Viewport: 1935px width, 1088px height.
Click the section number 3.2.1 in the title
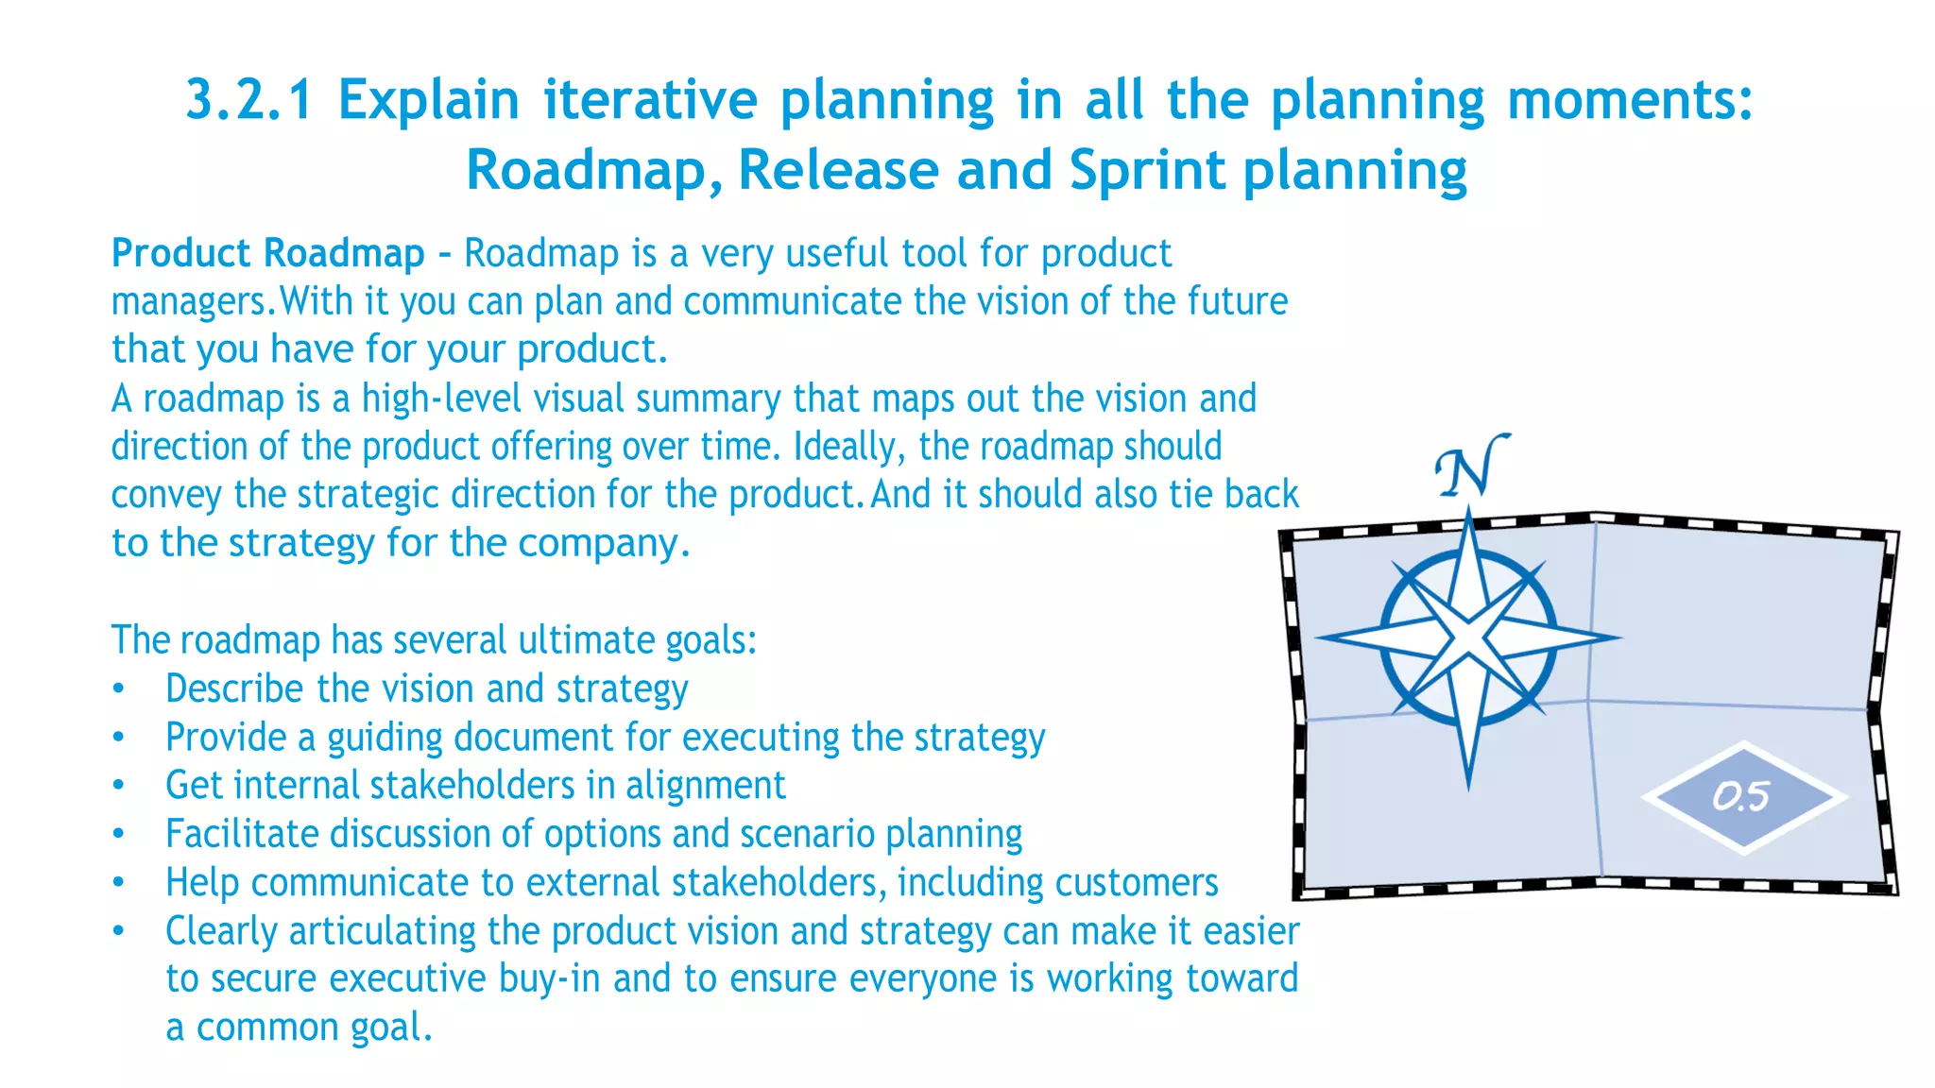(x=248, y=100)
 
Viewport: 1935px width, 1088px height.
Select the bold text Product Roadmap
(x=267, y=253)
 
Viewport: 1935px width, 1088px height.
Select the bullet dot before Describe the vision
(x=118, y=689)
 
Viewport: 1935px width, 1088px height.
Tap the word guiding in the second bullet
(x=385, y=738)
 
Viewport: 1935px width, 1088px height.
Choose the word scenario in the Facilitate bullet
(x=807, y=834)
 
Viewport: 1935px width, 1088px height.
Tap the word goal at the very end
(x=385, y=1028)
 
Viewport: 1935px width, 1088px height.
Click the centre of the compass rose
(x=1468, y=638)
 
